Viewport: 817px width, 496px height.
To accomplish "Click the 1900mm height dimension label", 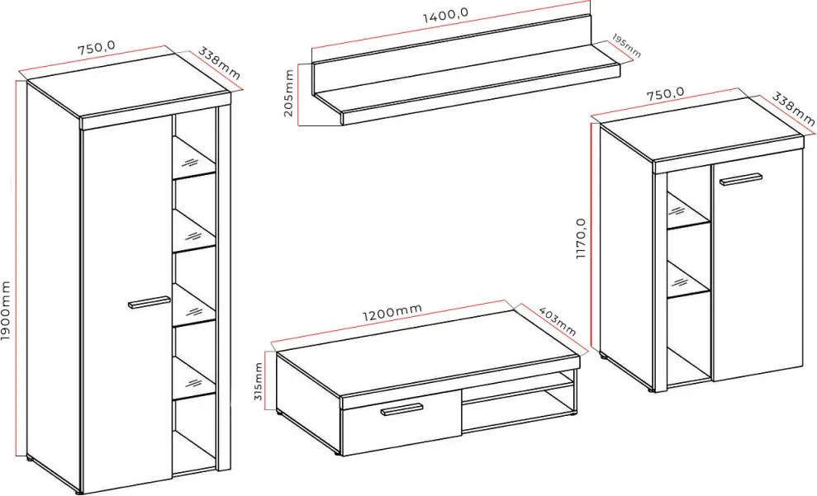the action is coord(6,310).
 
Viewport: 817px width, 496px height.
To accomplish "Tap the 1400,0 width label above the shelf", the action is coord(445,16).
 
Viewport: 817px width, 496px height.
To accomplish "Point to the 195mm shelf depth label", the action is coord(626,45).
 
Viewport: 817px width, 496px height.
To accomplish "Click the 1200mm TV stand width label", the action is coord(392,312).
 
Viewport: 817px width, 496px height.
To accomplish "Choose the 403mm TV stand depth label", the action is coord(557,320).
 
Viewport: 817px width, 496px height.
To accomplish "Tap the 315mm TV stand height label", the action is coord(259,381).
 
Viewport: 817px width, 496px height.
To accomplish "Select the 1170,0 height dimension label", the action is coord(582,239).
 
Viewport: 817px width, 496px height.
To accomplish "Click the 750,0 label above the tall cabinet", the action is coord(97,48).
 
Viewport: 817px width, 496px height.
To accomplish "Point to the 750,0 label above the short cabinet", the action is coord(665,94).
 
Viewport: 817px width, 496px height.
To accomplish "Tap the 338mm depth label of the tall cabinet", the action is coord(219,64).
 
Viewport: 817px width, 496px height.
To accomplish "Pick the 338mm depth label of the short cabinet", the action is coord(793,109).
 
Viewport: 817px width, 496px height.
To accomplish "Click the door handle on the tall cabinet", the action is coord(149,302).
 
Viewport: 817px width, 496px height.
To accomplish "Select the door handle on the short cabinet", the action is coord(740,180).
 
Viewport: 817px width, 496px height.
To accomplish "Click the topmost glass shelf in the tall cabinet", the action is coord(194,156).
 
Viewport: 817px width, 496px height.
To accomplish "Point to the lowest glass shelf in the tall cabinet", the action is coord(194,378).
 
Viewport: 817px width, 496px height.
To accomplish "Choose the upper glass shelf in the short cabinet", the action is coord(688,210).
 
